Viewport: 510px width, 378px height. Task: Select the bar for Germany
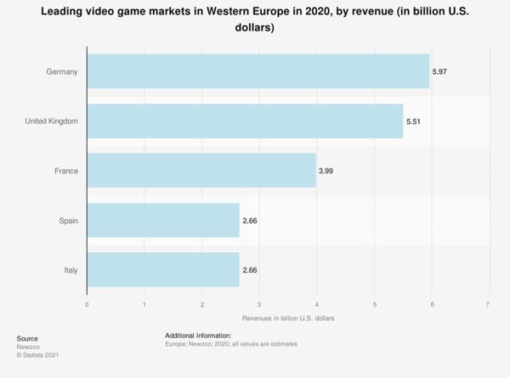click(258, 71)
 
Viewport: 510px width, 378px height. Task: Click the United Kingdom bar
click(245, 121)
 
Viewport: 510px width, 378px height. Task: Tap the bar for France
click(201, 171)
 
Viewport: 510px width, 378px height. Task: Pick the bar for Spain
click(163, 221)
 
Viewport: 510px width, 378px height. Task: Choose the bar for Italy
click(163, 270)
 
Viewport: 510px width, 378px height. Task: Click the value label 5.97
click(439, 71)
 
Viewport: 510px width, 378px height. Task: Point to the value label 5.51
click(414, 121)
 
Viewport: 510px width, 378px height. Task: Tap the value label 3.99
click(326, 171)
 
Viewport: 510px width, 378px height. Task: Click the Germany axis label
click(62, 71)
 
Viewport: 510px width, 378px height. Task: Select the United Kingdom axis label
click(52, 121)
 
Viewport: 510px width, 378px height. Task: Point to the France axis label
click(66, 171)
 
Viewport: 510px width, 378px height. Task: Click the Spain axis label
click(68, 221)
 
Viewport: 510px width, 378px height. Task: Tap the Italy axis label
click(71, 270)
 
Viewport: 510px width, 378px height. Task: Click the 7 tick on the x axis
click(488, 303)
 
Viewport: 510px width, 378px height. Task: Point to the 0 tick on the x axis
click(87, 303)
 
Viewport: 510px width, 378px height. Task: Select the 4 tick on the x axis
click(316, 303)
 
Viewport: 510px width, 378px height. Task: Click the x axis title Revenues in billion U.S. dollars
click(287, 318)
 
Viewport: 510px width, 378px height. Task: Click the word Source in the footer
click(27, 337)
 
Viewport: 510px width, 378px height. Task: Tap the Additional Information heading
click(197, 336)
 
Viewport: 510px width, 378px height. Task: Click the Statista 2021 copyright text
click(40, 354)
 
